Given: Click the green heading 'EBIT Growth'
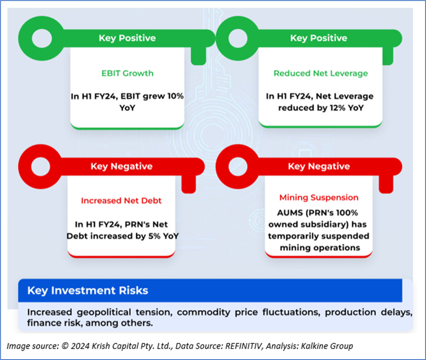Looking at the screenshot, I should click(127, 73).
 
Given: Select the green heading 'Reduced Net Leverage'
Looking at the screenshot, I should click(321, 73).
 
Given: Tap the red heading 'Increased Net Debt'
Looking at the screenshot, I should click(121, 201).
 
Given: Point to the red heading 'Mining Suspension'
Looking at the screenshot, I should click(319, 198).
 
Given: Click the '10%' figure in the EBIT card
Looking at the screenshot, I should click(174, 96).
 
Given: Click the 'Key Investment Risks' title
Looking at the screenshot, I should click(87, 290).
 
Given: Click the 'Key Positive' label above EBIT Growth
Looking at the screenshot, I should click(127, 38).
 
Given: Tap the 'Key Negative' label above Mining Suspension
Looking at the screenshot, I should click(319, 166).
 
